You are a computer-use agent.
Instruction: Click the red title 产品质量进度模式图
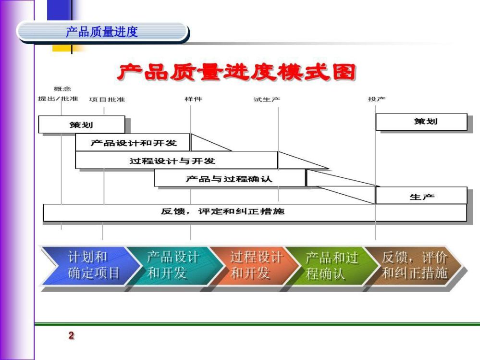(x=236, y=73)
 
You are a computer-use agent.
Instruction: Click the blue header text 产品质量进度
(x=102, y=32)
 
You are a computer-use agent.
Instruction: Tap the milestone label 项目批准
(x=107, y=99)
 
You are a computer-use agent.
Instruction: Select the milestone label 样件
(x=194, y=99)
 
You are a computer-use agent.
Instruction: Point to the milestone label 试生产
(x=267, y=99)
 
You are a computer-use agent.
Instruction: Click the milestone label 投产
(x=377, y=99)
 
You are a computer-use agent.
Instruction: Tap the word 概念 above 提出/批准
(x=62, y=89)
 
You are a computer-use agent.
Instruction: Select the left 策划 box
(x=82, y=124)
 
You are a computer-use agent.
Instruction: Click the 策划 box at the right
(x=421, y=122)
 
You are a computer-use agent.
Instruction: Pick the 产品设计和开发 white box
(x=133, y=142)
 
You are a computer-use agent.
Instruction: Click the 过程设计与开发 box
(x=176, y=160)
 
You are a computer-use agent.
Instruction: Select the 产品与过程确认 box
(x=230, y=178)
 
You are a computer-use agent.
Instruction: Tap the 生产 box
(x=421, y=195)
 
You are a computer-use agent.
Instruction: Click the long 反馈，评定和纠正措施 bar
(x=255, y=212)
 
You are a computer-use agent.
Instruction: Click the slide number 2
(x=71, y=335)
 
